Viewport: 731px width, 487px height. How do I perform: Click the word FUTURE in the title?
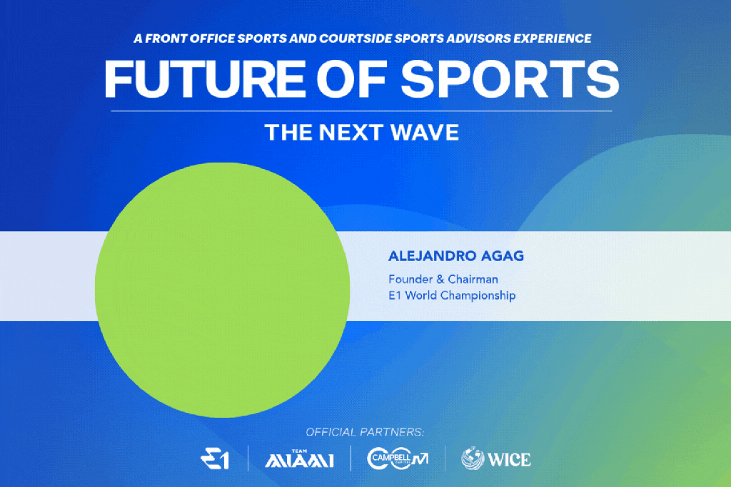(205, 79)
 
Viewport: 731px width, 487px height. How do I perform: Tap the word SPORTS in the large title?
(510, 79)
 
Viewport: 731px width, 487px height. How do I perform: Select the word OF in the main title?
(352, 79)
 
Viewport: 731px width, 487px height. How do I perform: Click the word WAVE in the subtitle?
(424, 132)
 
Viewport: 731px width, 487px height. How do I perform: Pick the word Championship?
(478, 296)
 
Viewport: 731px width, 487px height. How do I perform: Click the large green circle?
(223, 289)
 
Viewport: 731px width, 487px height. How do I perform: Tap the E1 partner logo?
(215, 458)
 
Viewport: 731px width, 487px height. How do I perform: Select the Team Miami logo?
(299, 458)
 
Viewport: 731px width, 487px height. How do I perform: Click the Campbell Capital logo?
(398, 458)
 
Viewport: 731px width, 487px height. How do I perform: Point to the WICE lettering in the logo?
(509, 459)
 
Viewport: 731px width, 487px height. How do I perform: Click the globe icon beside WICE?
(473, 458)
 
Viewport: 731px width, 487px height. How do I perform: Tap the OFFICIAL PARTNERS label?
(365, 432)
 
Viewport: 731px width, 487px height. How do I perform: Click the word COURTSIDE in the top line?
(356, 39)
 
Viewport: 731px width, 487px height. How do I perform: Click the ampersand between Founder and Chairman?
(440, 280)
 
